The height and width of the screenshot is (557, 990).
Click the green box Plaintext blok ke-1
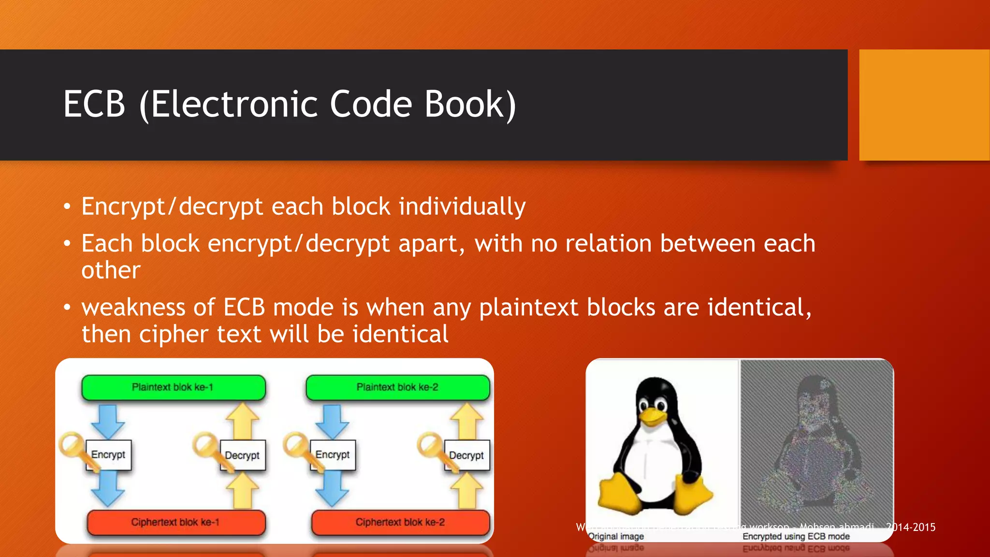coord(173,387)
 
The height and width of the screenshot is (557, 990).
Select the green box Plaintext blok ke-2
coord(397,387)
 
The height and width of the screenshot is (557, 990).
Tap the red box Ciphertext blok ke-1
coord(176,522)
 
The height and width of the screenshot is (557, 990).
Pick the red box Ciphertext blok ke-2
coord(400,522)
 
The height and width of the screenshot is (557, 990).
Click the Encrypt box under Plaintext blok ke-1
coord(109,454)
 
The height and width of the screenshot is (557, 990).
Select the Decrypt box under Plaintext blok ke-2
coord(466,455)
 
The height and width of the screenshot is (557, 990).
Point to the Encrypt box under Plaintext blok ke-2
coord(333,454)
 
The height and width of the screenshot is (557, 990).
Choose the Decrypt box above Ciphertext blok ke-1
coord(243,455)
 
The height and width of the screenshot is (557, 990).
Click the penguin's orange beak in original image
coord(653,416)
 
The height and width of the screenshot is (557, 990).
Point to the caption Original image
coord(616,536)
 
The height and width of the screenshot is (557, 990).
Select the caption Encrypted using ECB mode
coord(796,536)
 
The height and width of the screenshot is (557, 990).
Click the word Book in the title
coord(470,104)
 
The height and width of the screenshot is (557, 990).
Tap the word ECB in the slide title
coord(95,104)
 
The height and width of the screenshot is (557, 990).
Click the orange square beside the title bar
coord(924,105)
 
